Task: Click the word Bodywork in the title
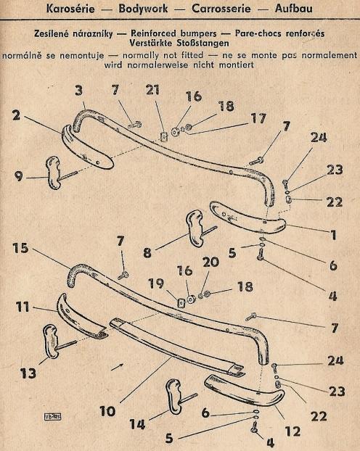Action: [x=143, y=9]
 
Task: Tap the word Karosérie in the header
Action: [x=70, y=9]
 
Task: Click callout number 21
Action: [x=152, y=90]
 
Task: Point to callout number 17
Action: [x=258, y=118]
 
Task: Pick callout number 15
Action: [x=21, y=248]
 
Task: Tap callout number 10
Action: [x=107, y=411]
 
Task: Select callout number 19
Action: [x=156, y=284]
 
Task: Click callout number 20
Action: [x=210, y=262]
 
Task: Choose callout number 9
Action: [x=18, y=176]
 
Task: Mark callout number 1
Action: [x=333, y=235]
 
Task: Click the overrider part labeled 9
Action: [x=54, y=173]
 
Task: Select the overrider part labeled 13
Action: [x=51, y=342]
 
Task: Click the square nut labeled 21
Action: [x=163, y=136]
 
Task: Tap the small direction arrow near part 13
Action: [x=117, y=366]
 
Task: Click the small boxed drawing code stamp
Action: [x=53, y=417]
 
